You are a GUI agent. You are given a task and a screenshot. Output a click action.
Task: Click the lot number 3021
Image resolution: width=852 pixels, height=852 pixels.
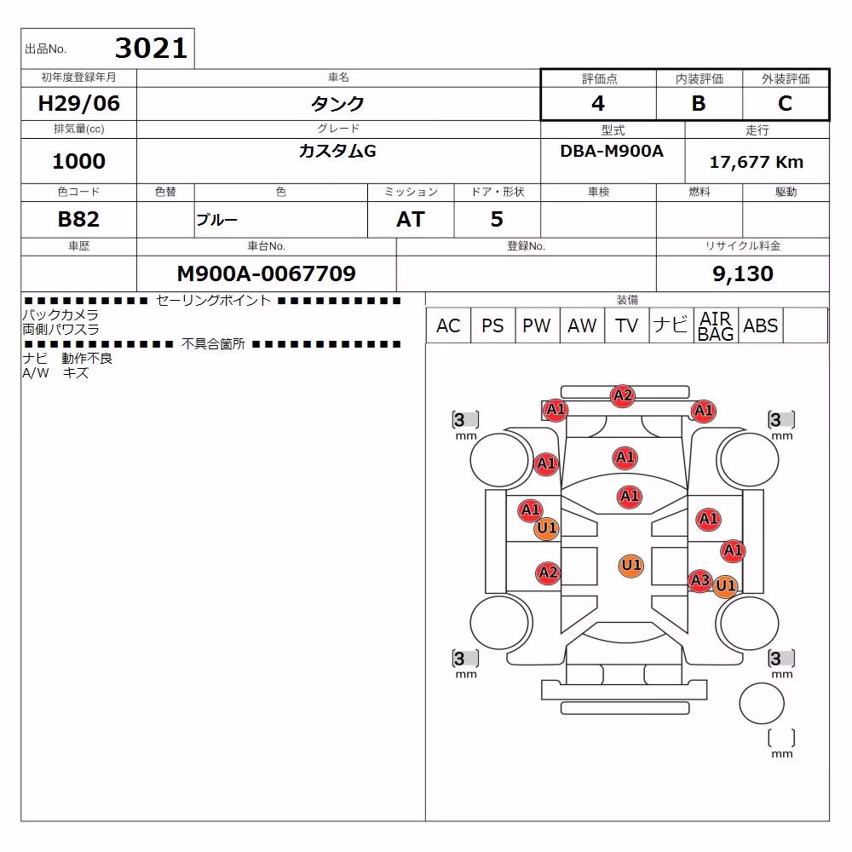(151, 48)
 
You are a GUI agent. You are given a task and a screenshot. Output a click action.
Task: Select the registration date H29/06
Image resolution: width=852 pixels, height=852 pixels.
(78, 103)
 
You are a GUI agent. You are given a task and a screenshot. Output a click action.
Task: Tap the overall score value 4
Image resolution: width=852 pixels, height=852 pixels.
(598, 103)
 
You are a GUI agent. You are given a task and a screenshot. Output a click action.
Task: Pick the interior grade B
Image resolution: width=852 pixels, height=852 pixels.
(699, 103)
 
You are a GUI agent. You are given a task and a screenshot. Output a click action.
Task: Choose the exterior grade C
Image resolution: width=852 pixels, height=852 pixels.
(786, 103)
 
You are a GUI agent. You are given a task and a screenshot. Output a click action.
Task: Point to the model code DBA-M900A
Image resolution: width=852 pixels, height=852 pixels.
(612, 151)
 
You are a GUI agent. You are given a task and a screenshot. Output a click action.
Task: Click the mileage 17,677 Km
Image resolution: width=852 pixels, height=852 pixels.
(757, 162)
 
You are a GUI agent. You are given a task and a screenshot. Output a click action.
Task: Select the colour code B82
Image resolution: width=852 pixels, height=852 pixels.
(78, 219)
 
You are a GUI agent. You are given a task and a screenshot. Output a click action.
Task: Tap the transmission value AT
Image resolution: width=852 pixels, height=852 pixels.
(411, 219)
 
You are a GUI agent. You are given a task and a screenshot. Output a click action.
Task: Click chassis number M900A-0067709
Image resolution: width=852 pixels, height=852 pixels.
(266, 273)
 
